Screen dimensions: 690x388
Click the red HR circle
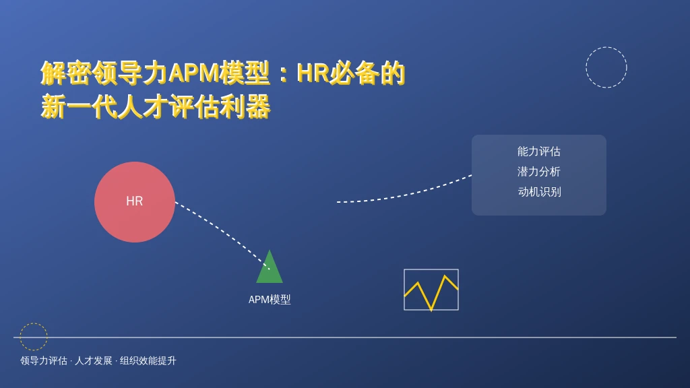tap(135, 202)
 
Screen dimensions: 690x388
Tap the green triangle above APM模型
tap(270, 267)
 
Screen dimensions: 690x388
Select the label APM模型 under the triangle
tap(270, 300)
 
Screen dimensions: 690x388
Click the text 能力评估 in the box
tap(538, 152)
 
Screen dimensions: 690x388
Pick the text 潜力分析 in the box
tap(538, 172)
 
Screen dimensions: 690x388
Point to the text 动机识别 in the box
tap(539, 192)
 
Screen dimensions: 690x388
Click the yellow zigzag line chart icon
tap(431, 290)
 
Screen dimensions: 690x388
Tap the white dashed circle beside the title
tap(627, 67)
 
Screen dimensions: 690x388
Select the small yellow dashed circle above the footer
tap(47, 337)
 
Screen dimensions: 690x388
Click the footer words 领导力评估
tap(44, 361)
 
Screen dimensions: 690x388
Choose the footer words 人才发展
tap(93, 361)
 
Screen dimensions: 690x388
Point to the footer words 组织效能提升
tap(148, 361)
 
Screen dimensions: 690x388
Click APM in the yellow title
tap(194, 73)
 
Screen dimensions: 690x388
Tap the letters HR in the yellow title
tap(313, 73)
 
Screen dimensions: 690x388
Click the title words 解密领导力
tap(104, 73)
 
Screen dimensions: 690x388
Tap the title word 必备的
tap(367, 73)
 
